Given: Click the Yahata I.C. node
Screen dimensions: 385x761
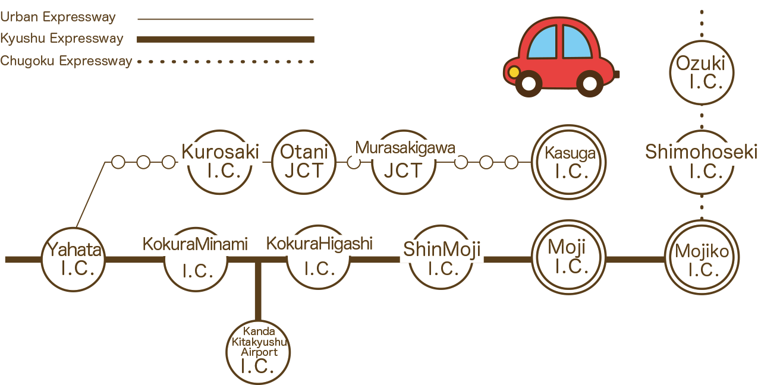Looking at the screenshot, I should coord(74,259).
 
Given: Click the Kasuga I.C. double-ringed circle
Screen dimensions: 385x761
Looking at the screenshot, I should coord(570,162).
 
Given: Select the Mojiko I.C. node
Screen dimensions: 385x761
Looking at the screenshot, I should coord(702,259).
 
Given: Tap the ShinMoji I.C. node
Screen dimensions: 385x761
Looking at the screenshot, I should coord(441,259).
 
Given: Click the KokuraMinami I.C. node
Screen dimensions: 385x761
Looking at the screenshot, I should coord(196,258).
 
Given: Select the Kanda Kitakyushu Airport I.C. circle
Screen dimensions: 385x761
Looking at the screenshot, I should coord(258,352).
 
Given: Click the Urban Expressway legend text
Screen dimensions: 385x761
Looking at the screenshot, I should coord(58,17).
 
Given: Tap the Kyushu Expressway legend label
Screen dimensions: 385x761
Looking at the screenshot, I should coord(62,39).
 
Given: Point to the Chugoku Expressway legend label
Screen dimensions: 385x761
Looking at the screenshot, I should coord(66,61).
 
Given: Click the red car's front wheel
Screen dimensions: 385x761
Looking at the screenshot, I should coord(529,83).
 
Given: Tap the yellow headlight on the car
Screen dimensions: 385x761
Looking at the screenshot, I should coord(513,72).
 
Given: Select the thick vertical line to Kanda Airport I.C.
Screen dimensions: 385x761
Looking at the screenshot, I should coord(258,291).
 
